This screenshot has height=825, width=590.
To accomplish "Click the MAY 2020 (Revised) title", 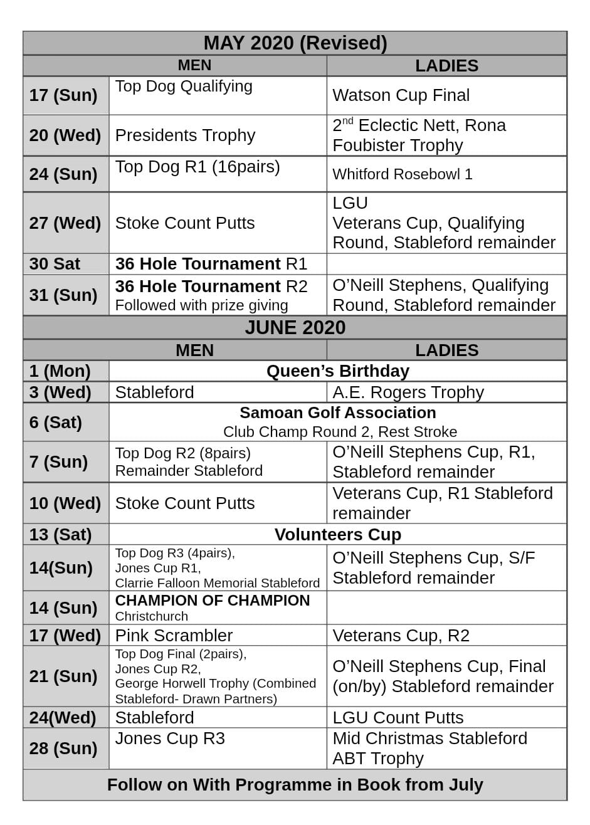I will click(x=295, y=43).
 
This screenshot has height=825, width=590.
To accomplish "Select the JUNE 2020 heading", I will click(x=295, y=327).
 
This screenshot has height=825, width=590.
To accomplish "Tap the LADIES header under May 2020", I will click(x=446, y=66).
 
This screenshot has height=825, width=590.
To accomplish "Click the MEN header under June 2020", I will click(x=194, y=350).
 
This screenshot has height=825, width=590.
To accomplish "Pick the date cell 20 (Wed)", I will click(x=65, y=135).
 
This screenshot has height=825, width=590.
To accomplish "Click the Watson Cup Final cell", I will click(x=401, y=95).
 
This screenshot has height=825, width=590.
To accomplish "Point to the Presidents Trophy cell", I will click(x=185, y=135).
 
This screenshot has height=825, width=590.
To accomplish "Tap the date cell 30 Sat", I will click(x=55, y=264).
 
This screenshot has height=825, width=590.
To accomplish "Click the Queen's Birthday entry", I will click(x=337, y=371).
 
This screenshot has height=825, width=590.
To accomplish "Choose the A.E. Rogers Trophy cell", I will click(x=408, y=392).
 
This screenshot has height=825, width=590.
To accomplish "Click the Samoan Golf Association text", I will click(x=337, y=413).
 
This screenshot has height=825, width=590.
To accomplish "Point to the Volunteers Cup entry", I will click(x=337, y=535).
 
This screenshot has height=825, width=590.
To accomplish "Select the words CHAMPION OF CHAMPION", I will click(x=212, y=601).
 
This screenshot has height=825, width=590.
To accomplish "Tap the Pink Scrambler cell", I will click(x=174, y=636).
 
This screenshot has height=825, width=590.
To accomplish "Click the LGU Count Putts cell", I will click(x=398, y=718).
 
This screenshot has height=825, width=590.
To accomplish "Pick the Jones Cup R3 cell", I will click(x=169, y=739).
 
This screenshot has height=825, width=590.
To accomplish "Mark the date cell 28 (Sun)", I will click(x=63, y=749).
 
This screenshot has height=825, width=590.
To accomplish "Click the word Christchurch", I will click(x=151, y=616).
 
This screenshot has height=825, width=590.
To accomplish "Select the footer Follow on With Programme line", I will click(x=295, y=785).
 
